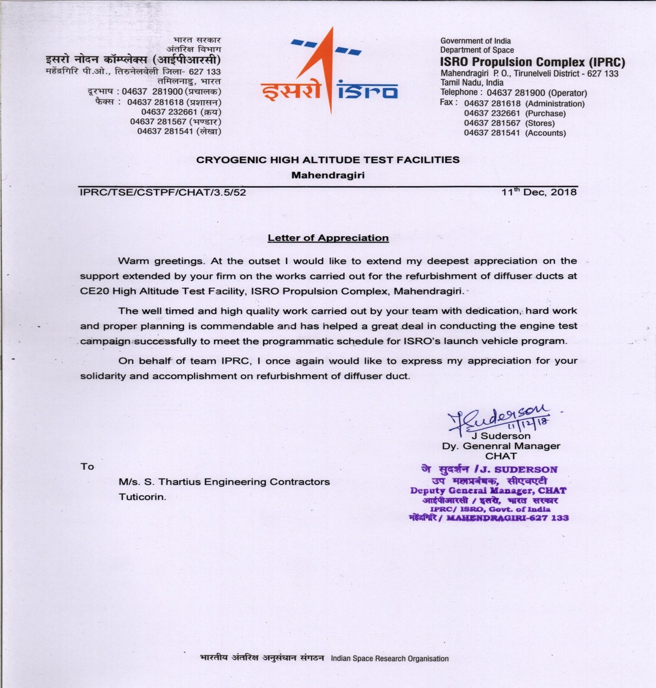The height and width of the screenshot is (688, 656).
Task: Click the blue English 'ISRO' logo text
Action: pos(368,90)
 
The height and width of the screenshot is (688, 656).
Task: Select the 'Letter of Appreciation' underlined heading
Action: pos(328,238)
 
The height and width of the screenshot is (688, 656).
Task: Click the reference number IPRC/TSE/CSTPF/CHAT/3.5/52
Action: pos(163,192)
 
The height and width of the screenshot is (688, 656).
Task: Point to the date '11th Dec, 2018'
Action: pos(539,192)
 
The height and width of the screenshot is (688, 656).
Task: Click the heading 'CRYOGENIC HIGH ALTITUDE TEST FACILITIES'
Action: pos(328,160)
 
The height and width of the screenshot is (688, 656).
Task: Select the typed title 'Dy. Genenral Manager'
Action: pos(501,446)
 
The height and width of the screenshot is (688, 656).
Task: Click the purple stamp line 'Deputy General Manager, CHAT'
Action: pos(488,491)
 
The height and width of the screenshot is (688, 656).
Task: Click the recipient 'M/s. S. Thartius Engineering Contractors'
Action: pos(224,482)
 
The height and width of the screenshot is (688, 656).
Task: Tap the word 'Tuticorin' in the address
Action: pos(142,497)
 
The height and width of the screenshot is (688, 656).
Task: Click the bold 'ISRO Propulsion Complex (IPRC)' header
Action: pos(532,62)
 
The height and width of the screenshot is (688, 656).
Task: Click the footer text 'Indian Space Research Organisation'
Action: pos(389,659)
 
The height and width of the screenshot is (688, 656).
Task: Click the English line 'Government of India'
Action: pos(475,41)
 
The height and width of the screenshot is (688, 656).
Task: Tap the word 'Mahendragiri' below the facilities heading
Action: pos(328,175)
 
